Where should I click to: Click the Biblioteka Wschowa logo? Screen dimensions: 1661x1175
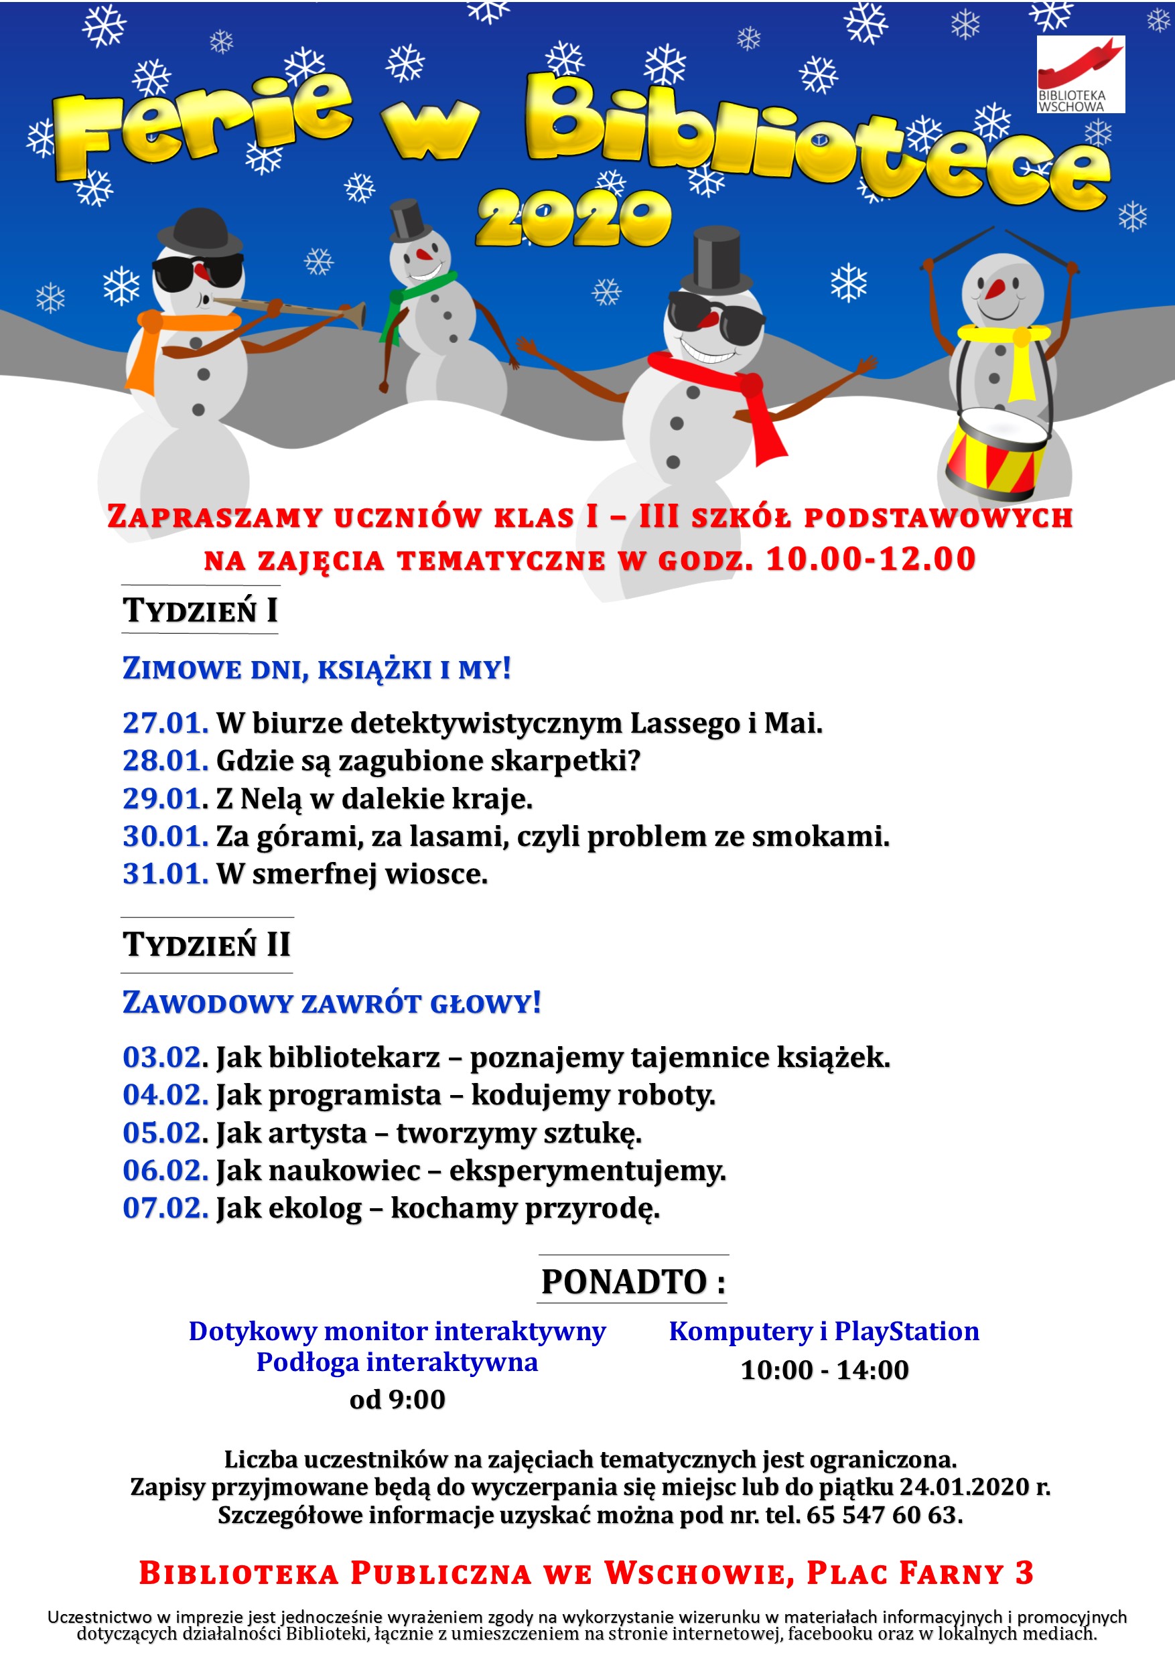pyautogui.click(x=1081, y=74)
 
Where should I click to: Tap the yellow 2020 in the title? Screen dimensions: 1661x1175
pyautogui.click(x=573, y=218)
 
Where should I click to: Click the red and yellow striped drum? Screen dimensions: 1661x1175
pyautogui.click(x=997, y=452)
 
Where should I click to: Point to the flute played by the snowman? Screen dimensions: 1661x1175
pyautogui.click(x=289, y=309)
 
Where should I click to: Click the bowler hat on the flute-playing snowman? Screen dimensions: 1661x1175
pyautogui.click(x=200, y=230)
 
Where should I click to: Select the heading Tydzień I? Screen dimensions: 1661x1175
pyautogui.click(x=200, y=610)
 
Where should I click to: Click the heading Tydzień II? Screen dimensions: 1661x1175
pyautogui.click(x=207, y=944)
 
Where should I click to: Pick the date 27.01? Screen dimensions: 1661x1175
pyautogui.click(x=165, y=723)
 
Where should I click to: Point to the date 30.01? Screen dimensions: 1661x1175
pyautogui.click(x=165, y=837)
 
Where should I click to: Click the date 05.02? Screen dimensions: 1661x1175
pyautogui.click(x=165, y=1132)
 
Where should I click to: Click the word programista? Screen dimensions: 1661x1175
pyautogui.click(x=355, y=1094)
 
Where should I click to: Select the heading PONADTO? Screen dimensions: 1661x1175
pyautogui.click(x=633, y=1282)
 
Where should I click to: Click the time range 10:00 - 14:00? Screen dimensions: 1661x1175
pyautogui.click(x=824, y=1370)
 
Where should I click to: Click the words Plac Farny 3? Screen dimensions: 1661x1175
pyautogui.click(x=920, y=1573)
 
